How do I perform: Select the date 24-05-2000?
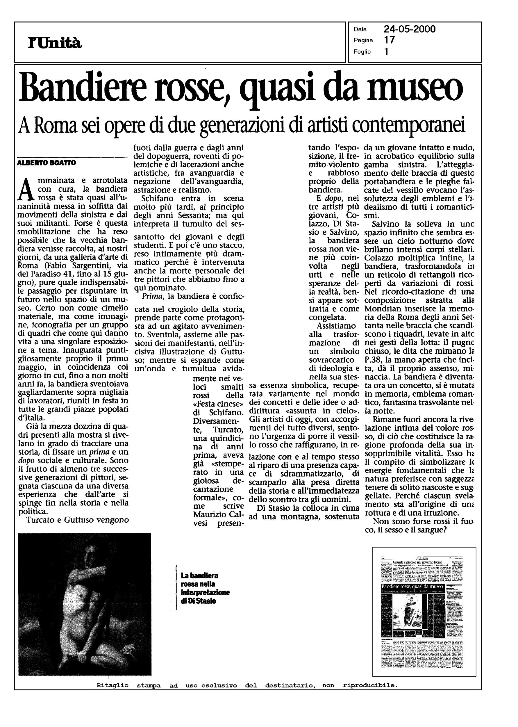point(410,29)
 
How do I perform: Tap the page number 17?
point(390,40)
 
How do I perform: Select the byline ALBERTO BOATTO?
point(46,163)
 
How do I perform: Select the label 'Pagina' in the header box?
point(363,40)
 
